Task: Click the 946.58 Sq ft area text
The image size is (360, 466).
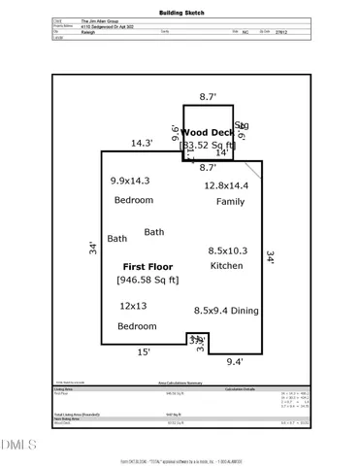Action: pyautogui.click(x=147, y=281)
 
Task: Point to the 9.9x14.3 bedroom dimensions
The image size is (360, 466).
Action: pyautogui.click(x=131, y=182)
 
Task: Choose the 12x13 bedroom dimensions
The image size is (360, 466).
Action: pyautogui.click(x=137, y=306)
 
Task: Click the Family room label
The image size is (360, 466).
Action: pyautogui.click(x=230, y=201)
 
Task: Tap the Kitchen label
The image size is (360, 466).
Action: pyautogui.click(x=226, y=265)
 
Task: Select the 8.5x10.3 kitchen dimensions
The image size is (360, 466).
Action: pyautogui.click(x=230, y=250)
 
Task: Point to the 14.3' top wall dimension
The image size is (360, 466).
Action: pyautogui.click(x=143, y=143)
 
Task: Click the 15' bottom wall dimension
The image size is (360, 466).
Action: pyautogui.click(x=144, y=352)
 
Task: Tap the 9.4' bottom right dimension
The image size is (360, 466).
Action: pyautogui.click(x=234, y=361)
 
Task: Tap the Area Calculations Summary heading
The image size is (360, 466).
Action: pyautogui.click(x=180, y=383)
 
